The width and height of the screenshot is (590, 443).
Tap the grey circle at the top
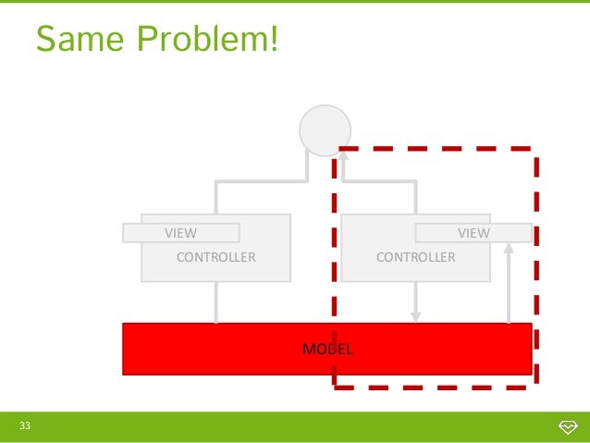tap(326, 129)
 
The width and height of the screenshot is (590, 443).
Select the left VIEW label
tap(180, 233)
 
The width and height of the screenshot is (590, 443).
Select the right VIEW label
tap(473, 233)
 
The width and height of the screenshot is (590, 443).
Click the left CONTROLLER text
tap(215, 257)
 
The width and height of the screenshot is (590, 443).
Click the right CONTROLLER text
tap(415, 257)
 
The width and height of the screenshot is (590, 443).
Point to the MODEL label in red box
tap(327, 349)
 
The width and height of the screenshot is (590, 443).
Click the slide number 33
tap(25, 425)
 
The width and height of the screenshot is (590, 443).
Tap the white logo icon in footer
tap(568, 426)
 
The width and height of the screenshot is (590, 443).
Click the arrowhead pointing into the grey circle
tap(342, 158)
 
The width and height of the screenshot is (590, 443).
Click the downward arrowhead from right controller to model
tap(416, 316)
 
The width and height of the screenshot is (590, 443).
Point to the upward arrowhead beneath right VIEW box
tap(509, 248)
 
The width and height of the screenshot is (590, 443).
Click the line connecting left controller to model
tap(216, 302)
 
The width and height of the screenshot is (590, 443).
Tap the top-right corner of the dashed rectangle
tap(535, 148)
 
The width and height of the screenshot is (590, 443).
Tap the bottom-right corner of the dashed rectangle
tap(535, 385)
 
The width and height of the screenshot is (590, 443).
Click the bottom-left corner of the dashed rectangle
tap(335, 385)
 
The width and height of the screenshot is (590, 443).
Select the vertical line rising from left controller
tap(216, 198)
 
